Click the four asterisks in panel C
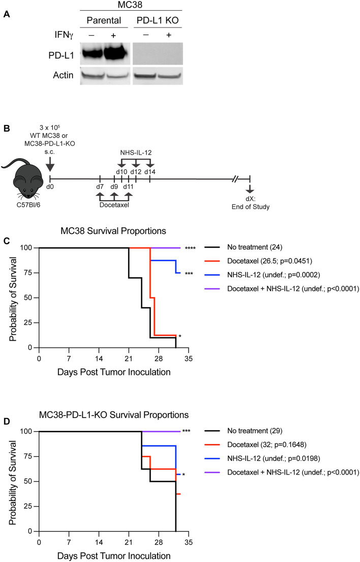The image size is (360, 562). click(192, 248)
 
